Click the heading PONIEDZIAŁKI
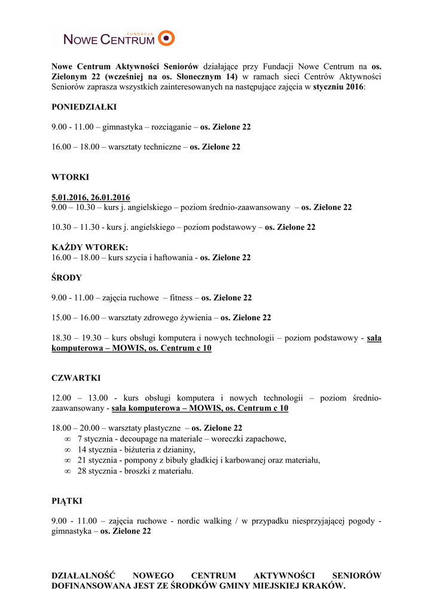pos(84,107)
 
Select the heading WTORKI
pos(70,177)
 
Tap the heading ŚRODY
pos(66,278)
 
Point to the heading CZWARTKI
pos(76,378)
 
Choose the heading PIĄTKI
pos(67,500)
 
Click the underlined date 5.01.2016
pos(71,198)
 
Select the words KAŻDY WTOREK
pos(90,248)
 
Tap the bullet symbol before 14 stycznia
pos(68,450)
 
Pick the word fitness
pos(181,298)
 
